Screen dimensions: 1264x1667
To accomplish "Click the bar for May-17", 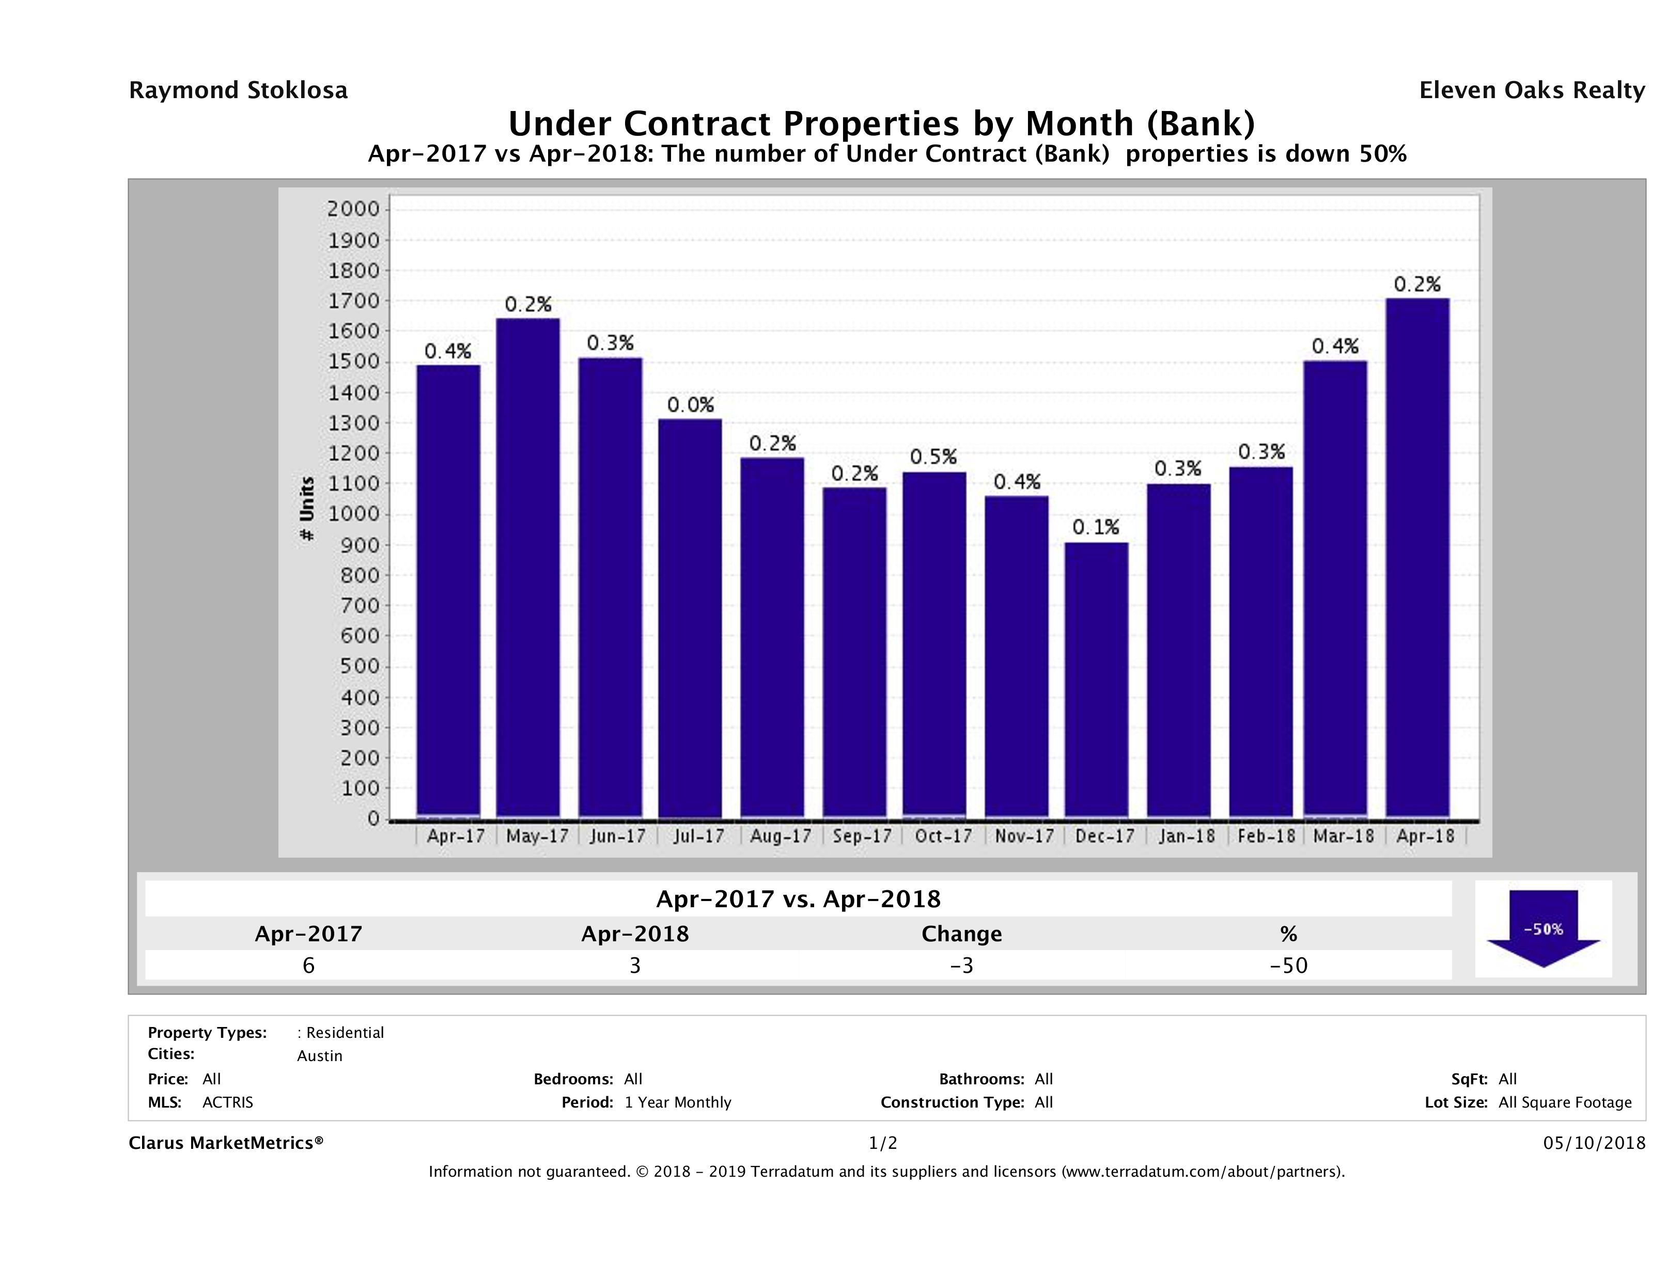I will (x=527, y=568).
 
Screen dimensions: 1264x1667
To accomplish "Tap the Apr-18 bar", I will (x=1417, y=558).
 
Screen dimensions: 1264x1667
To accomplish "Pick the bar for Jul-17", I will (x=690, y=618).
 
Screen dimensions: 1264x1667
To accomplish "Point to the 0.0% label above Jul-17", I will (x=690, y=405).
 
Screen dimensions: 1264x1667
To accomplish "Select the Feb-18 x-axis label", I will (x=1266, y=836).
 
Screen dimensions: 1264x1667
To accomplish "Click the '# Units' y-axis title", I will (x=307, y=509).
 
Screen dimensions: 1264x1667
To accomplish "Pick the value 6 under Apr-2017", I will (x=308, y=965).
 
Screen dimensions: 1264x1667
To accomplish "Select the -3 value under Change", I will (x=962, y=965).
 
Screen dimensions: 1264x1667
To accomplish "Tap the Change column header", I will (x=962, y=934).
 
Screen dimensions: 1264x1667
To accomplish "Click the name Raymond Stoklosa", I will (x=238, y=90).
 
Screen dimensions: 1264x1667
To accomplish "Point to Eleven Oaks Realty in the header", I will (x=1531, y=90).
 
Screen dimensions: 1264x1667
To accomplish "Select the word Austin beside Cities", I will (x=320, y=1055).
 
